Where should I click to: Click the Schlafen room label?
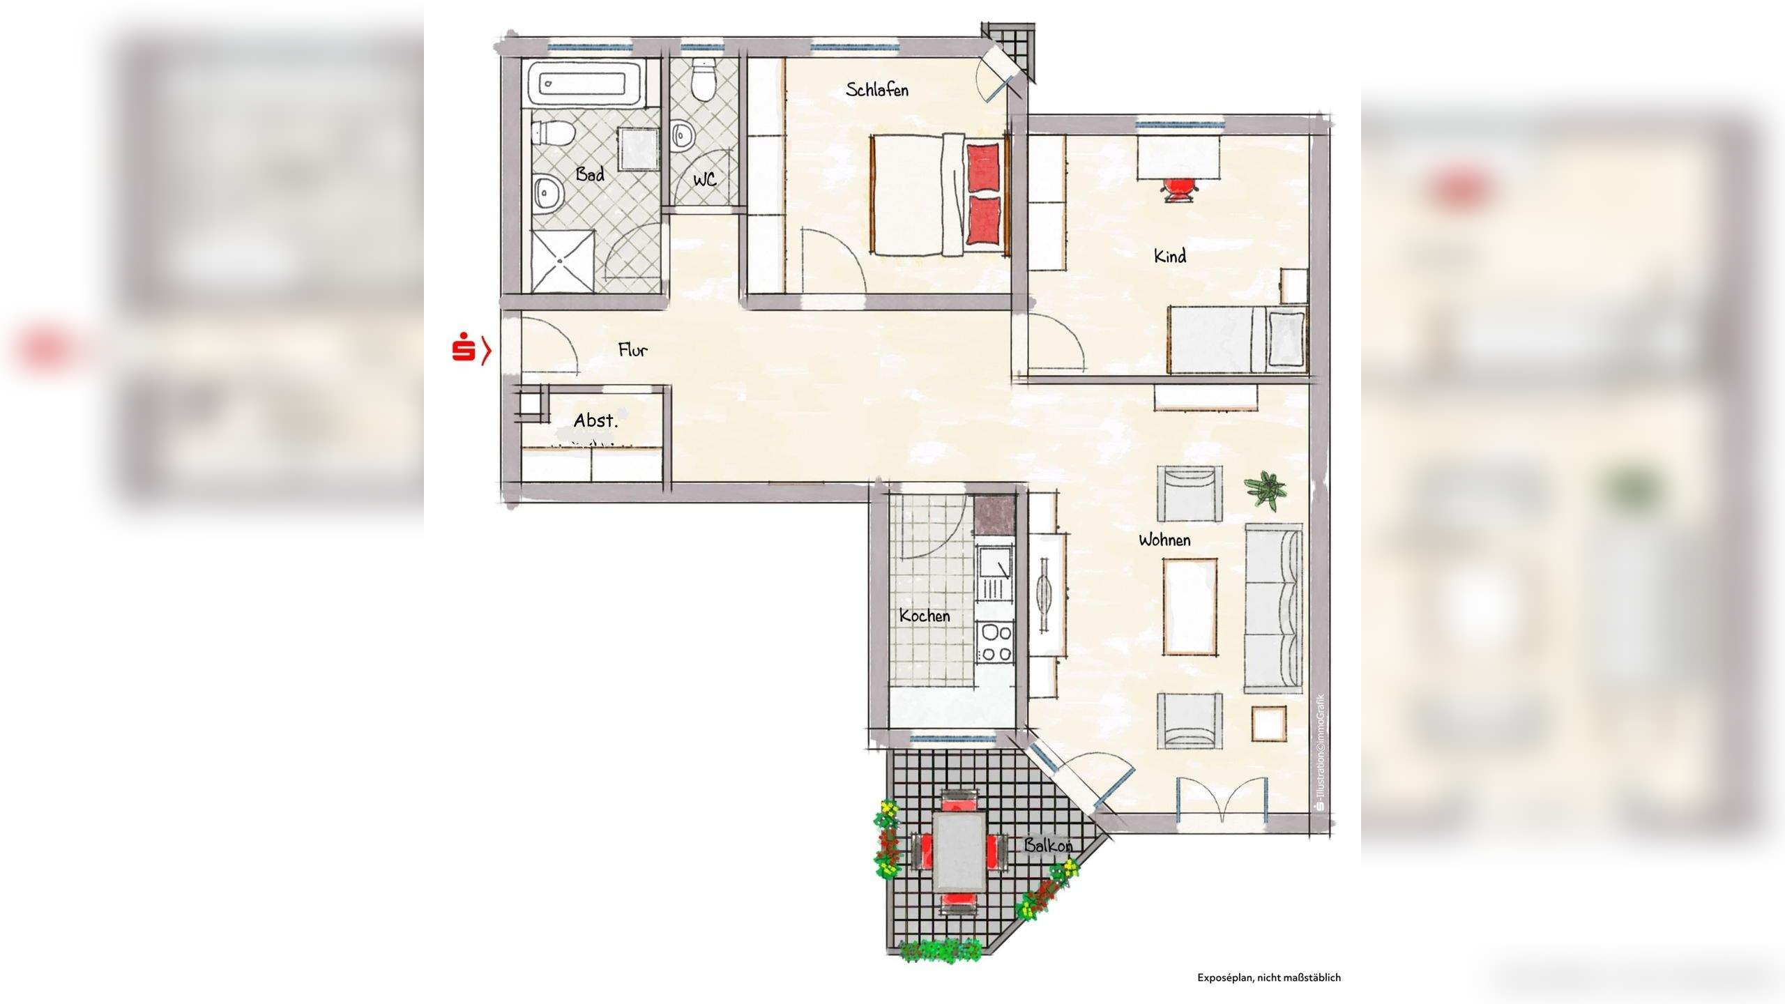pyautogui.click(x=876, y=89)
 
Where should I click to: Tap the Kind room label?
pyautogui.click(x=1169, y=257)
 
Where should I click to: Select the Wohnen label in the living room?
pyautogui.click(x=1164, y=540)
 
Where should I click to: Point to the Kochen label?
pyautogui.click(x=924, y=616)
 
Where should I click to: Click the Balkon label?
pyautogui.click(x=1047, y=846)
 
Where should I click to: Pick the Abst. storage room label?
pyautogui.click(x=595, y=420)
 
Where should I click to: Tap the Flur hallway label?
pyautogui.click(x=632, y=350)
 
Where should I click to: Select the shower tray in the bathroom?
pyautogui.click(x=562, y=261)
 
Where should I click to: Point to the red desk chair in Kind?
pyautogui.click(x=1179, y=188)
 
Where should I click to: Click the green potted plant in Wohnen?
pyautogui.click(x=1266, y=488)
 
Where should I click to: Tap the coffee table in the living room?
pyautogui.click(x=1190, y=607)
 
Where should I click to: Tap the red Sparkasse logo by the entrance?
pyautogui.click(x=463, y=349)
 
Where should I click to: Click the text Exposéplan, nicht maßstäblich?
pyautogui.click(x=1268, y=978)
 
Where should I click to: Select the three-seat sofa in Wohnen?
pyautogui.click(x=1273, y=608)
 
